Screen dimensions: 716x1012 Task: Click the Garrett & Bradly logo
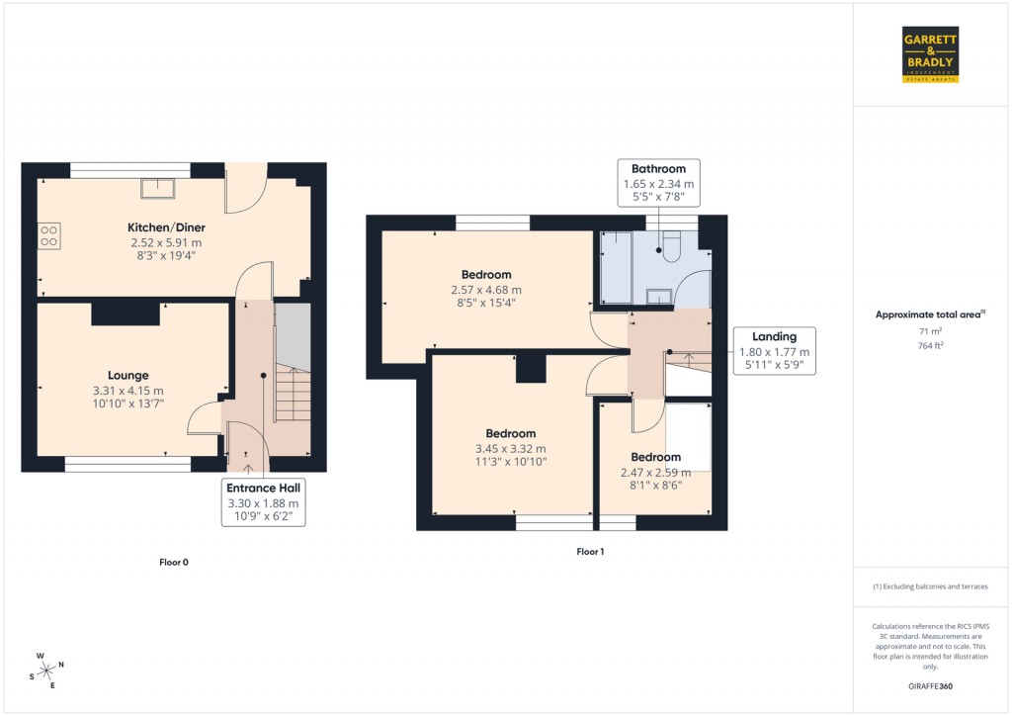(931, 54)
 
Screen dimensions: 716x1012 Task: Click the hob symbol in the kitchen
(48, 234)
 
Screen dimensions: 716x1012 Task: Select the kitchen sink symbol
(157, 188)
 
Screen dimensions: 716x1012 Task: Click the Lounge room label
(128, 375)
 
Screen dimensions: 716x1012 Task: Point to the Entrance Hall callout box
(263, 502)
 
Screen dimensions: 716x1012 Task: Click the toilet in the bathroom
(672, 246)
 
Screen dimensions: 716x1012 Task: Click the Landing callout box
(774, 351)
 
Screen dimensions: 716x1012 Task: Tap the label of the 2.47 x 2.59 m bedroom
(656, 457)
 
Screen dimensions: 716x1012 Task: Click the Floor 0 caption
(174, 562)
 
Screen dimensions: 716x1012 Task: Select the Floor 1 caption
(590, 551)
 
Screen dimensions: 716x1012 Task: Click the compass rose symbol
(45, 671)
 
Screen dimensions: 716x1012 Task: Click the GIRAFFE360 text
(930, 686)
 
